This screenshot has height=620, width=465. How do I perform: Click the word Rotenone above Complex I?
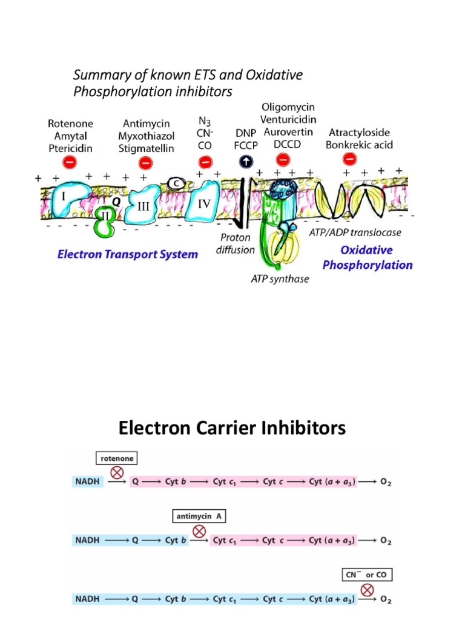tap(70, 124)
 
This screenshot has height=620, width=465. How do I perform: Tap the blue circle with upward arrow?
tap(246, 161)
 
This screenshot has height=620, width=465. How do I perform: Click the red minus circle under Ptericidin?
tap(70, 162)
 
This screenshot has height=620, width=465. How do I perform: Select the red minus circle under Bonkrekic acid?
tap(349, 159)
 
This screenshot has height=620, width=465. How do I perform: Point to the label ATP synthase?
tap(279, 279)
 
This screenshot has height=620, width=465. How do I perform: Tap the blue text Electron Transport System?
tap(128, 254)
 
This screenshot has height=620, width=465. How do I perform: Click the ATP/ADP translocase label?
tap(363, 232)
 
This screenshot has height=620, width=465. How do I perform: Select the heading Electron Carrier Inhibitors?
tap(232, 429)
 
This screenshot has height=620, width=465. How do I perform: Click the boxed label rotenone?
tap(116, 458)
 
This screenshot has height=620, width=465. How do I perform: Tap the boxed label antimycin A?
tap(197, 516)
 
